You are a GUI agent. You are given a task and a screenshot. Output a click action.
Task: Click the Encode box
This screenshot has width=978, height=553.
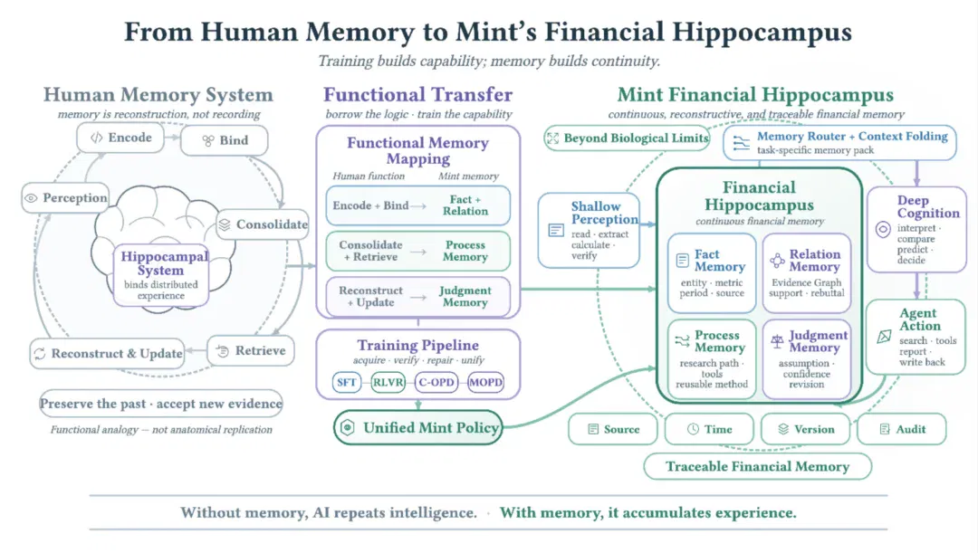click(120, 138)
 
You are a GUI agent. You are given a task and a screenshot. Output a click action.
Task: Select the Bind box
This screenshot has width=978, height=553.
click(225, 140)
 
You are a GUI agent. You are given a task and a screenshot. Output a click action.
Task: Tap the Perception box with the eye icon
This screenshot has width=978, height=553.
click(65, 197)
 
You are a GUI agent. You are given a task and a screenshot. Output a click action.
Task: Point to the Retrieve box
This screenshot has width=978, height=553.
click(251, 350)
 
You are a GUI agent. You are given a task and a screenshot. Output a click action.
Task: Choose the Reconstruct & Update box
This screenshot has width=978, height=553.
click(107, 354)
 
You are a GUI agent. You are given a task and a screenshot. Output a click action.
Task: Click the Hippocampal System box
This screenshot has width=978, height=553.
click(161, 275)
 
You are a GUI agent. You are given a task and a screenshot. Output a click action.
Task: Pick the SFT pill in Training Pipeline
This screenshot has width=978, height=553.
click(346, 382)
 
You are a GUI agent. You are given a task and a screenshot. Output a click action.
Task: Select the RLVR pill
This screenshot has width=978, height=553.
click(388, 382)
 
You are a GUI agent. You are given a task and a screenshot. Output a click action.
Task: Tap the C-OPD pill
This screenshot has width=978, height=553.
click(436, 382)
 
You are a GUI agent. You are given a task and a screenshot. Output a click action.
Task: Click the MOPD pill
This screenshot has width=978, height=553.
click(485, 382)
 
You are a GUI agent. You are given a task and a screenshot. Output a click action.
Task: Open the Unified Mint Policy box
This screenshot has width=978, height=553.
click(418, 428)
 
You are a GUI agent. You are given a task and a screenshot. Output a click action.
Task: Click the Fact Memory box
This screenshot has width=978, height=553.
click(712, 273)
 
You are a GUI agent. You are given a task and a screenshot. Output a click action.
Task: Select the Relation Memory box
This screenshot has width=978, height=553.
click(807, 273)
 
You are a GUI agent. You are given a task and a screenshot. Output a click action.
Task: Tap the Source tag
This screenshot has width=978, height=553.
click(613, 429)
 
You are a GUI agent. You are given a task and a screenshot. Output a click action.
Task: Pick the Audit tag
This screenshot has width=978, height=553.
click(902, 429)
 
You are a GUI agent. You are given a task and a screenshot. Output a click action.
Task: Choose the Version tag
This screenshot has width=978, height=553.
click(806, 429)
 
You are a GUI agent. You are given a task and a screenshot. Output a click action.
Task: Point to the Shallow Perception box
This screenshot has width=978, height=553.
click(589, 230)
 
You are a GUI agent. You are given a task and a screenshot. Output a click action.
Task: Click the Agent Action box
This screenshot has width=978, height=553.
click(916, 337)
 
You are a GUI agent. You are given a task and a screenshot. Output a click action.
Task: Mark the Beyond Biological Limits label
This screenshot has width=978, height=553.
click(627, 138)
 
